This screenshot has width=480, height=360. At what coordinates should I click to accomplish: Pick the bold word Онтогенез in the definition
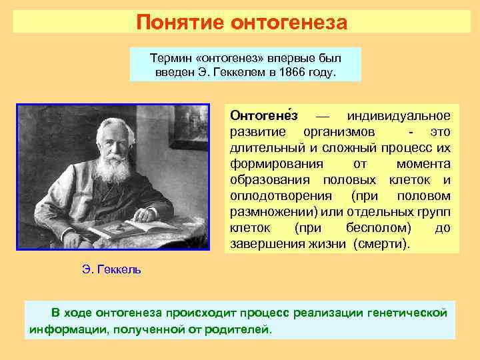pyautogui.click(x=263, y=115)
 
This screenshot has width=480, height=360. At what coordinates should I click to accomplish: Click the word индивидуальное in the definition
pyautogui.click(x=403, y=115)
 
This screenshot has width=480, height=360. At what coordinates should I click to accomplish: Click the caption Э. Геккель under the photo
pyautogui.click(x=111, y=270)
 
